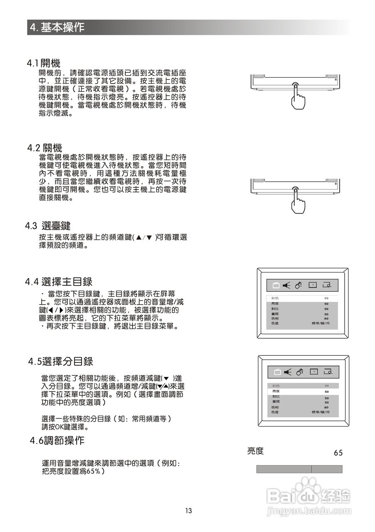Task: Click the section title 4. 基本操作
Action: click(57, 27)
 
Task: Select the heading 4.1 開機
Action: click(44, 63)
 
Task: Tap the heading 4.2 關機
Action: click(45, 148)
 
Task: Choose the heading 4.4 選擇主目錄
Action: click(59, 282)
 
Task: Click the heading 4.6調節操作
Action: click(57, 441)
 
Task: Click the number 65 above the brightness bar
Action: click(338, 453)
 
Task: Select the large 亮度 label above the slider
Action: click(255, 451)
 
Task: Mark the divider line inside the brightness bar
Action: click(311, 469)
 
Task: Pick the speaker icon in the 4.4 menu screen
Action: click(286, 285)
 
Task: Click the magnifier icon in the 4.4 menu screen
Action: click(327, 285)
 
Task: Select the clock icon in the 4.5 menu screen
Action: click(313, 372)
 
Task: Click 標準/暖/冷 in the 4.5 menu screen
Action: click(320, 412)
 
